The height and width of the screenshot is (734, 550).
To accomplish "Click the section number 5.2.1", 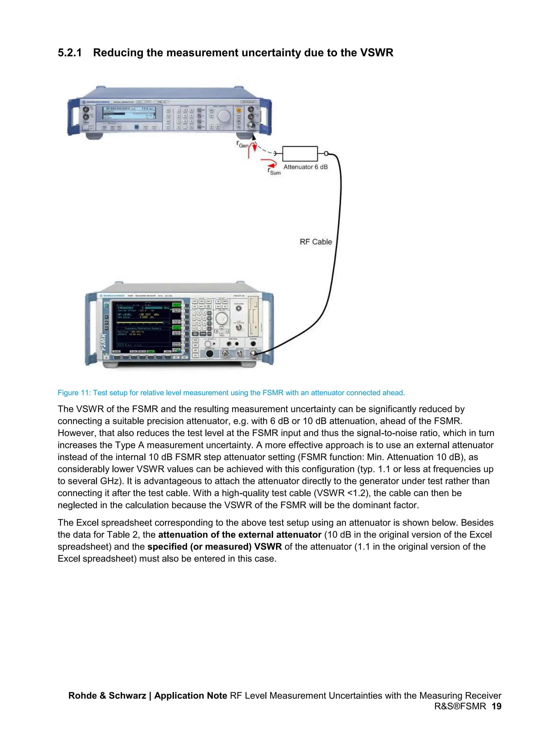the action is tap(70, 53).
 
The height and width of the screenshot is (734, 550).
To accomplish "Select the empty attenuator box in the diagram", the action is tap(300, 154).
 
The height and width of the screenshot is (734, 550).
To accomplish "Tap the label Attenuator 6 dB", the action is tap(305, 167).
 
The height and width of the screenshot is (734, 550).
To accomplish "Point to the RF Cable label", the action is tap(316, 242).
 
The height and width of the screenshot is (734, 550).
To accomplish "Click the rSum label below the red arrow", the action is tap(274, 171).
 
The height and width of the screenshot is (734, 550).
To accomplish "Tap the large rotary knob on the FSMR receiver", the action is tap(222, 318).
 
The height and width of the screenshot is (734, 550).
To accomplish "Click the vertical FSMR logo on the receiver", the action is tap(103, 342).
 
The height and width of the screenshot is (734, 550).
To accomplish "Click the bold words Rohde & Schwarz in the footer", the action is tap(107, 696).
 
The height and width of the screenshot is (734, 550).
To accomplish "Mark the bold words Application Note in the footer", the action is tap(191, 696).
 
